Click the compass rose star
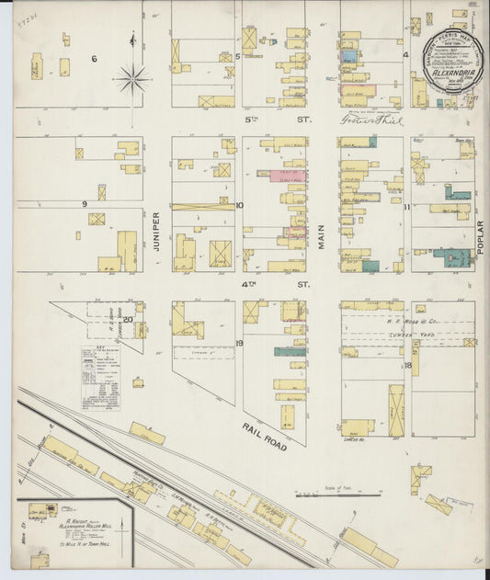click(133, 80)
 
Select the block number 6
click(94, 59)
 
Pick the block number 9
click(84, 204)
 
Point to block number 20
click(129, 320)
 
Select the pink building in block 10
click(288, 175)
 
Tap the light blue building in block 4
click(349, 57)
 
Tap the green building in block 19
click(290, 351)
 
